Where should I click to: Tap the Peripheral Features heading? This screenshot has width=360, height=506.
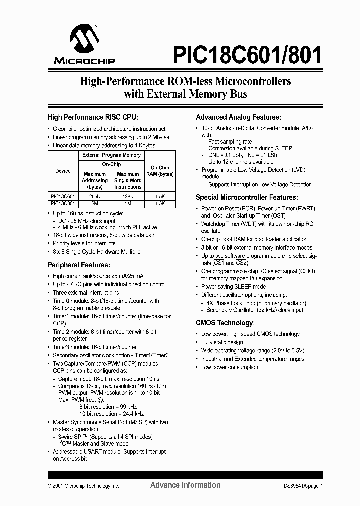click(78, 265)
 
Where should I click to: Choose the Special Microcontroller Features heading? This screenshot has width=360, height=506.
click(247, 197)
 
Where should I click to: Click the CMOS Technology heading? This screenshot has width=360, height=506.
click(225, 323)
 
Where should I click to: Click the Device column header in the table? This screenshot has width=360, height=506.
click(63, 171)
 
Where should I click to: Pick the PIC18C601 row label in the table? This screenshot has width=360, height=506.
click(63, 197)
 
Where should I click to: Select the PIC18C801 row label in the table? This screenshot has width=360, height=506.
click(63, 203)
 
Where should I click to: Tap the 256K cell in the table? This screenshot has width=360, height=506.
click(94, 197)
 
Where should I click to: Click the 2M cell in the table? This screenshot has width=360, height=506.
click(94, 203)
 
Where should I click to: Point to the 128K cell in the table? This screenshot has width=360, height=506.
click(128, 197)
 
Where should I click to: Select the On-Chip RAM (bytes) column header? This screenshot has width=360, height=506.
click(160, 171)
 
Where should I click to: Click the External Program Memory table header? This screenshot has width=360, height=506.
click(111, 155)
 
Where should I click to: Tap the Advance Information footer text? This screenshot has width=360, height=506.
click(185, 485)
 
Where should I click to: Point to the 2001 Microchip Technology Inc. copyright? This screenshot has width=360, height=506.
click(83, 486)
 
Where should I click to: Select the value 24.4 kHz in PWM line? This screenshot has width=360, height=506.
click(133, 414)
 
